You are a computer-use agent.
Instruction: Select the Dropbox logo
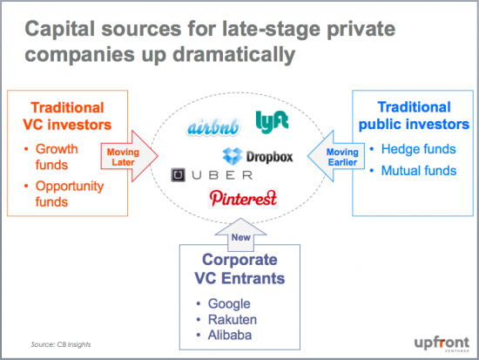click(258, 157)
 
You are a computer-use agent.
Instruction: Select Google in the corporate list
click(228, 304)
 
